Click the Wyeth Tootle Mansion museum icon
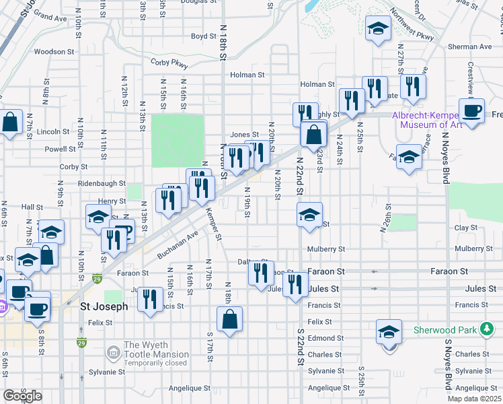point(113,352)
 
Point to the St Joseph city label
point(104,306)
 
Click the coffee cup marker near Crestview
point(471,110)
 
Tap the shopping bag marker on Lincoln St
point(10,123)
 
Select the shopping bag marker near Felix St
point(229,319)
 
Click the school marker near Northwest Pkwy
point(378,29)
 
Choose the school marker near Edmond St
point(389,332)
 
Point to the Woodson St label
point(54,51)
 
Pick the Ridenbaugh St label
point(102,183)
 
